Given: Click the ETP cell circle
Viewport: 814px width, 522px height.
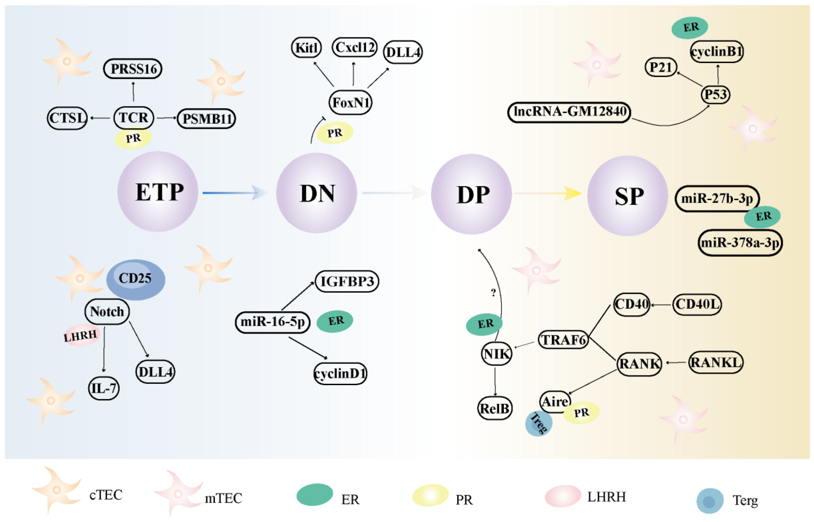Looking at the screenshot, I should (158, 192).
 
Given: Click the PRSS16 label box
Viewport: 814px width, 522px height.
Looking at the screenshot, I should (133, 69).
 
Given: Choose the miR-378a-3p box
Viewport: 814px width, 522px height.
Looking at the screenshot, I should (740, 243).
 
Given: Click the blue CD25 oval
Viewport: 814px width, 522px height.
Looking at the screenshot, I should (136, 279).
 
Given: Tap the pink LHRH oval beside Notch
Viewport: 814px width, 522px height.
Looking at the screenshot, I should (80, 335).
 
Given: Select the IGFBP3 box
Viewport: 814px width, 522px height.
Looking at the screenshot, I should (347, 281).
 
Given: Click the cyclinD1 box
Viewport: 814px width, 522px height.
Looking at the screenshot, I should (340, 373).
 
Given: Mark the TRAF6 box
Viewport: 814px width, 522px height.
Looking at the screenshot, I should (563, 340).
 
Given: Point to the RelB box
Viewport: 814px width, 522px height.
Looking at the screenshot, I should (495, 408).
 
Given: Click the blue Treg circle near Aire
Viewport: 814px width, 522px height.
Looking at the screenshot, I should (538, 423).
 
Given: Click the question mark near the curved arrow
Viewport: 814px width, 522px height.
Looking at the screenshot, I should (494, 292).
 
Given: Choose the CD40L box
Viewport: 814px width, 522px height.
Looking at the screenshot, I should (697, 304).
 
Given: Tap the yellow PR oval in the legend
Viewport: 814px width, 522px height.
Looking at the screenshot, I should (430, 495).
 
